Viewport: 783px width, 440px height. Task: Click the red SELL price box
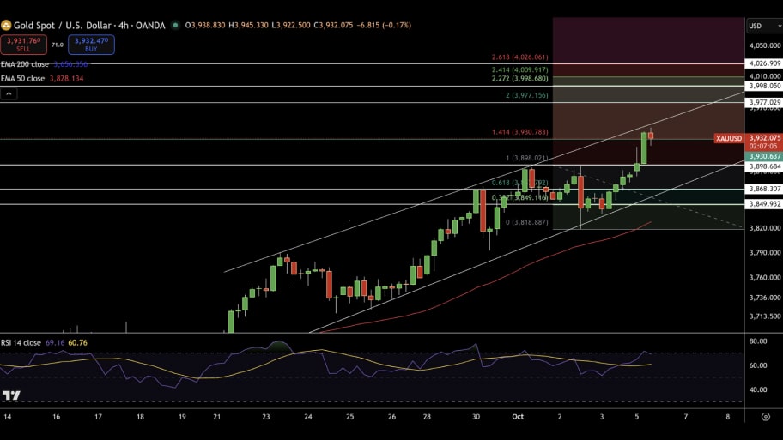point(24,44)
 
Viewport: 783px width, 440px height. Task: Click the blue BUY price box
point(91,44)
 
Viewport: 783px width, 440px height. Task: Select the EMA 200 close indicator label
point(24,64)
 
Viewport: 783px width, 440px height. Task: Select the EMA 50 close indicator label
point(22,79)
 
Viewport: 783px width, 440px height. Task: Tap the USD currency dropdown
point(759,26)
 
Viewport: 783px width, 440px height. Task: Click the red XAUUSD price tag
point(729,138)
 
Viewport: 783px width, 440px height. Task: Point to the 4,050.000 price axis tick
point(763,45)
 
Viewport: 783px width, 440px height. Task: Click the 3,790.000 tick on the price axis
point(763,252)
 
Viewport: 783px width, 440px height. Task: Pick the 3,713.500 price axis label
point(763,316)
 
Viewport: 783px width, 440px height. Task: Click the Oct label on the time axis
point(518,417)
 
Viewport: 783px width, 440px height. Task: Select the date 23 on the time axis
point(266,417)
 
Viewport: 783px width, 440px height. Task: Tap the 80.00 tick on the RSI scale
point(758,341)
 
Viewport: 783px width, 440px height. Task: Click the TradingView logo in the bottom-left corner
point(11,395)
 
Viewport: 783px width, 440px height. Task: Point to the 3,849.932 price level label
point(763,204)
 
